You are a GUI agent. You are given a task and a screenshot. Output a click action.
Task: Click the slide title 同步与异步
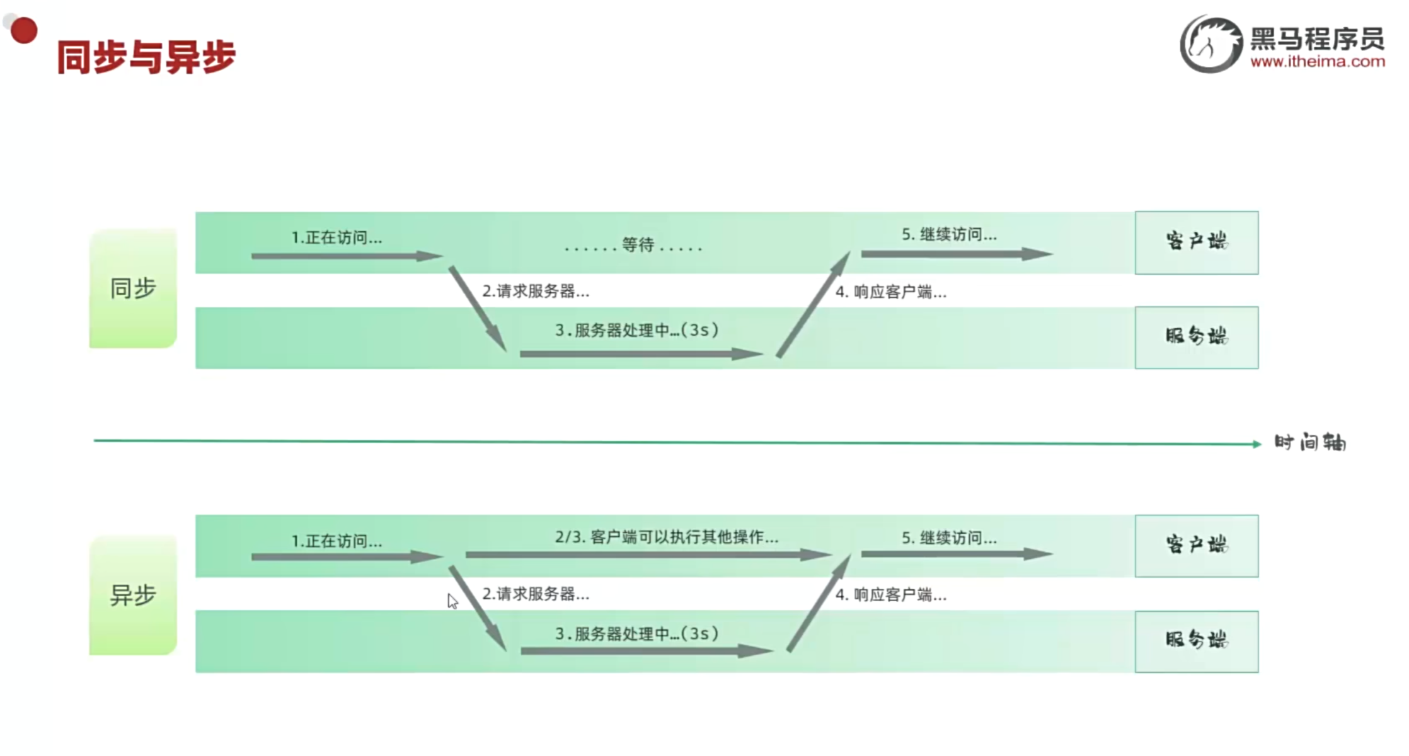146,57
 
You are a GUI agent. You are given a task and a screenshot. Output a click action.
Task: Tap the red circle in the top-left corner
24,30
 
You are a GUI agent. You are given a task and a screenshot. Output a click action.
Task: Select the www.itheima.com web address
1318,62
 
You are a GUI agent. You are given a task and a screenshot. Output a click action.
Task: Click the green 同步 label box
133,289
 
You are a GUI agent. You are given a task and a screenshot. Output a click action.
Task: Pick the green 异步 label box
133,595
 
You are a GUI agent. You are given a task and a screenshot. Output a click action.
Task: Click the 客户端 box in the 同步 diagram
1196,243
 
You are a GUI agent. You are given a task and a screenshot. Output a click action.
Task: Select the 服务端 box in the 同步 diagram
1196,338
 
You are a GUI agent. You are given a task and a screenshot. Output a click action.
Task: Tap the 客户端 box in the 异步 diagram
1196,546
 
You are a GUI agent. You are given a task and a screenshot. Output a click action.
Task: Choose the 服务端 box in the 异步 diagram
1196,641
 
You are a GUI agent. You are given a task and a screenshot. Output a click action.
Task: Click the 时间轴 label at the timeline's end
1310,443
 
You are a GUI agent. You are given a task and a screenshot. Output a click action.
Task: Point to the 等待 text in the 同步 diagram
638,244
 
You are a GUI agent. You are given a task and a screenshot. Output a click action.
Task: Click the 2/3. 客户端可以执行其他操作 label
667,537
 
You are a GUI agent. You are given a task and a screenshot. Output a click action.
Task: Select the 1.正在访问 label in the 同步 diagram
336,238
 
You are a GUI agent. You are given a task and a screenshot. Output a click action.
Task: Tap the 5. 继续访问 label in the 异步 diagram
949,538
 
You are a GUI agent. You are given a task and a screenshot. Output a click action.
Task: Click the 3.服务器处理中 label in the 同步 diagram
636,330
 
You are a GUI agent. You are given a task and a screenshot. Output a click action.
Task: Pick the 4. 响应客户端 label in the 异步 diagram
891,595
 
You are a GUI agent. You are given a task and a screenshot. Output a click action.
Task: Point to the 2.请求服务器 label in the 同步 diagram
536,291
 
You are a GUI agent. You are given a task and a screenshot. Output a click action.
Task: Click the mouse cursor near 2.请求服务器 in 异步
452,600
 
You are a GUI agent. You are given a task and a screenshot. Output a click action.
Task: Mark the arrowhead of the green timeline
1257,444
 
